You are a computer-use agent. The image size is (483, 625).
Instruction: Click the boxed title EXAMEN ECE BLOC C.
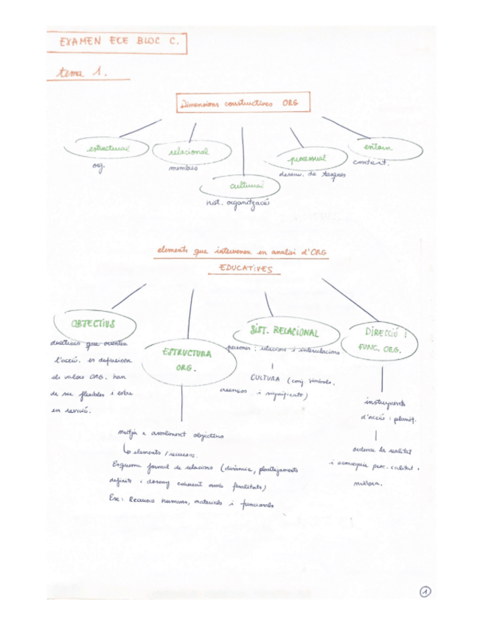pos(116,43)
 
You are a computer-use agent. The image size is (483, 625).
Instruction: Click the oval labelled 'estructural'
pos(108,149)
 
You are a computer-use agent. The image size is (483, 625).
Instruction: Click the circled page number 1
pos(425,590)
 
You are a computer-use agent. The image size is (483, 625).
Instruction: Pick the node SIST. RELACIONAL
pos(285,331)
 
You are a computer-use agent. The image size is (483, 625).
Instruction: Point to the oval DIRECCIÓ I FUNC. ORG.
pos(383,341)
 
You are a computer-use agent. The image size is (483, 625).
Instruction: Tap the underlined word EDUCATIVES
pos(240,270)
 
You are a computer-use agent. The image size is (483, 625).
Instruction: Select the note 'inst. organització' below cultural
pos(238,202)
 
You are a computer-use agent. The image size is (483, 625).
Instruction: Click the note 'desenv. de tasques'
pos(313,175)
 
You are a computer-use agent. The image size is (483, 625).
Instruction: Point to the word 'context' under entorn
pos(370,163)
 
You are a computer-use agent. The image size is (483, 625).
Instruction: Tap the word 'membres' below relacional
pos(184,167)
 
